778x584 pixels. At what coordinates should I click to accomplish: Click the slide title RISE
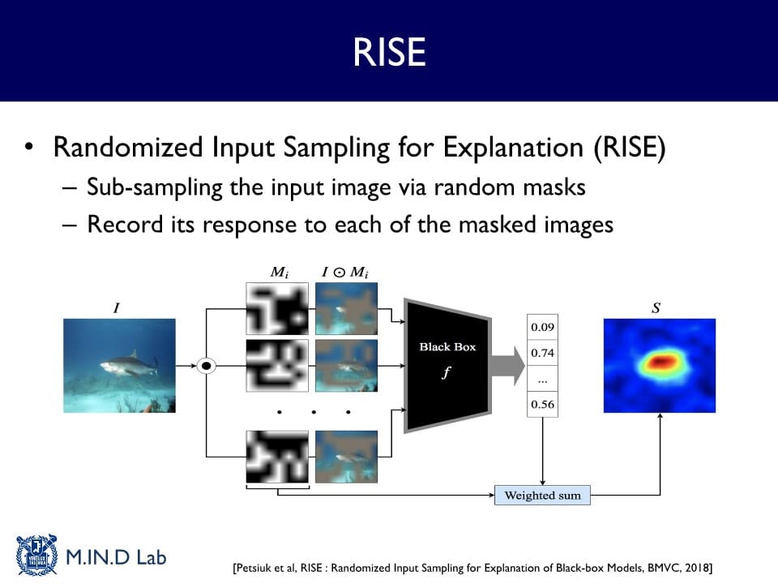(390, 52)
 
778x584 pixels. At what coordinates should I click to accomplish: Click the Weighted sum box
(542, 495)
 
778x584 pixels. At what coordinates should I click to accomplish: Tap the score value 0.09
(542, 327)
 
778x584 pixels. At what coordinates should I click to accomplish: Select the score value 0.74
(542, 353)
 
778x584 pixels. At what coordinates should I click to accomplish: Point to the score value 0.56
(542, 404)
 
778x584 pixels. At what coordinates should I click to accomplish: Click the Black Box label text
(447, 346)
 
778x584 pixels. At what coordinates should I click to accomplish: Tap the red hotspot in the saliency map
(660, 362)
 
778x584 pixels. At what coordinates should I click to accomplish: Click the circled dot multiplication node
(207, 366)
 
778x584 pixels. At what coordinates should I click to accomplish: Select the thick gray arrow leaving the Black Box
(508, 366)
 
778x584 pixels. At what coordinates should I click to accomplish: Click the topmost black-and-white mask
(277, 308)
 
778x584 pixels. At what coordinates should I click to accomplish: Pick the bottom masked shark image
(346, 457)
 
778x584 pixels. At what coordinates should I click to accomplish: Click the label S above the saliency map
(656, 308)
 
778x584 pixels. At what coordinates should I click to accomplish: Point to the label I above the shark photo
(117, 308)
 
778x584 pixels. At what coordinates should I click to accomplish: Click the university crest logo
(36, 555)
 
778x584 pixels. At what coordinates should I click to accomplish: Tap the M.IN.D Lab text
(116, 557)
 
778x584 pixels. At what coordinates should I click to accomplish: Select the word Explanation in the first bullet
(513, 148)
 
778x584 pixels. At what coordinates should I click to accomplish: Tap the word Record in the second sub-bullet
(125, 225)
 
